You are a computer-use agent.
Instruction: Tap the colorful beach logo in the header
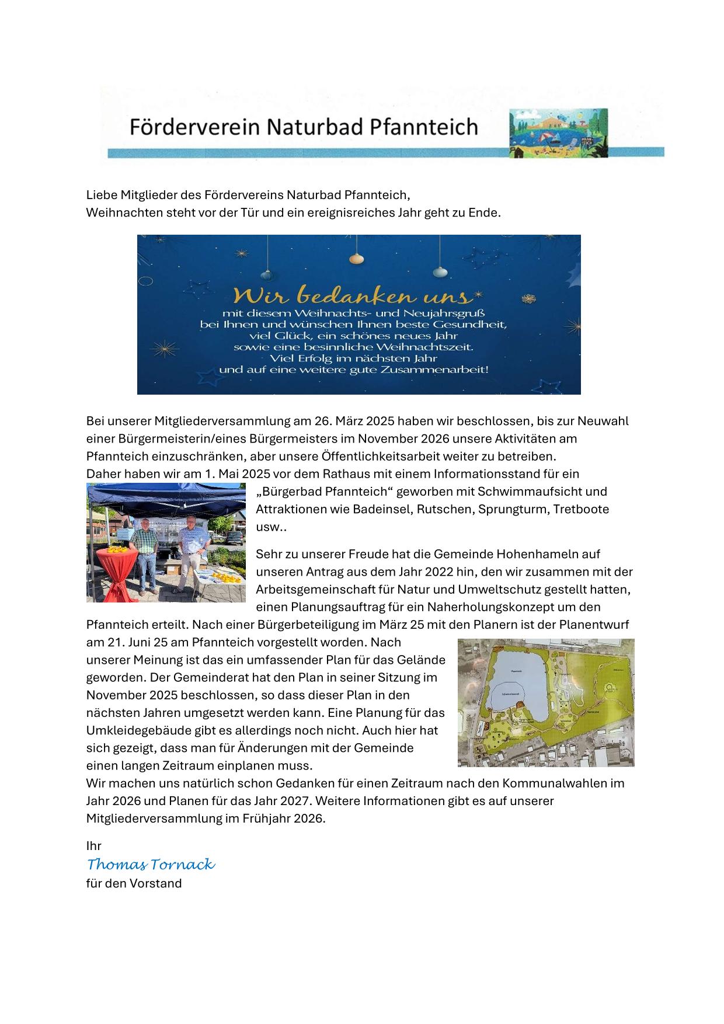click(x=558, y=133)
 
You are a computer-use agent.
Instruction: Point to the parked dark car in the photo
click(x=232, y=538)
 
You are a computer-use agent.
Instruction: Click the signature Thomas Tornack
click(x=151, y=864)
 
